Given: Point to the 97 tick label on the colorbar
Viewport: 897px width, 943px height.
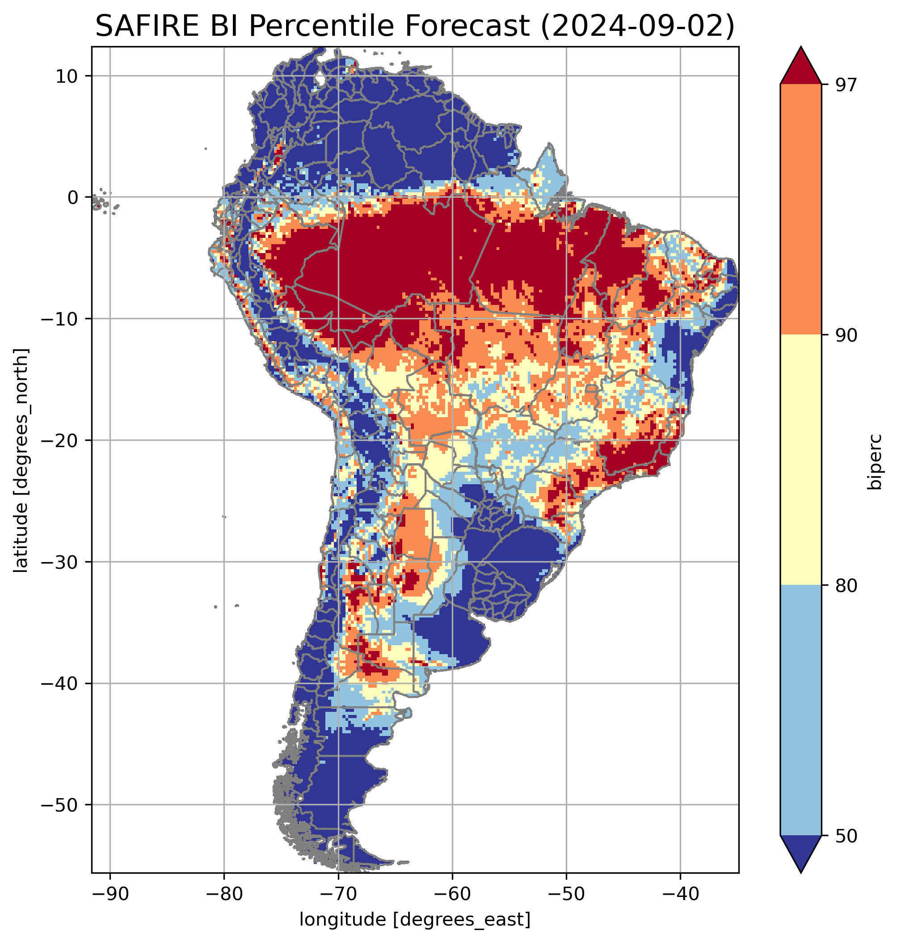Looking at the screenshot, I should tap(845, 85).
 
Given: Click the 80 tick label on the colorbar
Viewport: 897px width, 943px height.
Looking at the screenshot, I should tap(845, 586).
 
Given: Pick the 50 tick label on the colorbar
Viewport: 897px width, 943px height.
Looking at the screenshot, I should tap(845, 836).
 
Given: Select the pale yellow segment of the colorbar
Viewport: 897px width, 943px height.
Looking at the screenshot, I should tap(800, 459).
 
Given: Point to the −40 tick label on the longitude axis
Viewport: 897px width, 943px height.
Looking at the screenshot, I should tap(679, 893).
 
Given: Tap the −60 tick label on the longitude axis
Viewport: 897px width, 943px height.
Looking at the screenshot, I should tap(451, 893).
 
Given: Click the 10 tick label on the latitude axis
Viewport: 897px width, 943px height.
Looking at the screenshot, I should tap(67, 76).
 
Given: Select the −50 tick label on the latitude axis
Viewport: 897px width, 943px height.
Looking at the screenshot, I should tap(60, 805).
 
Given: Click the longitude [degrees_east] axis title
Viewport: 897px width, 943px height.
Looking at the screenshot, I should tap(415, 920).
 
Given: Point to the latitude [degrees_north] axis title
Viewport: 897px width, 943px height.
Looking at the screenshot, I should tap(21, 460).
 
